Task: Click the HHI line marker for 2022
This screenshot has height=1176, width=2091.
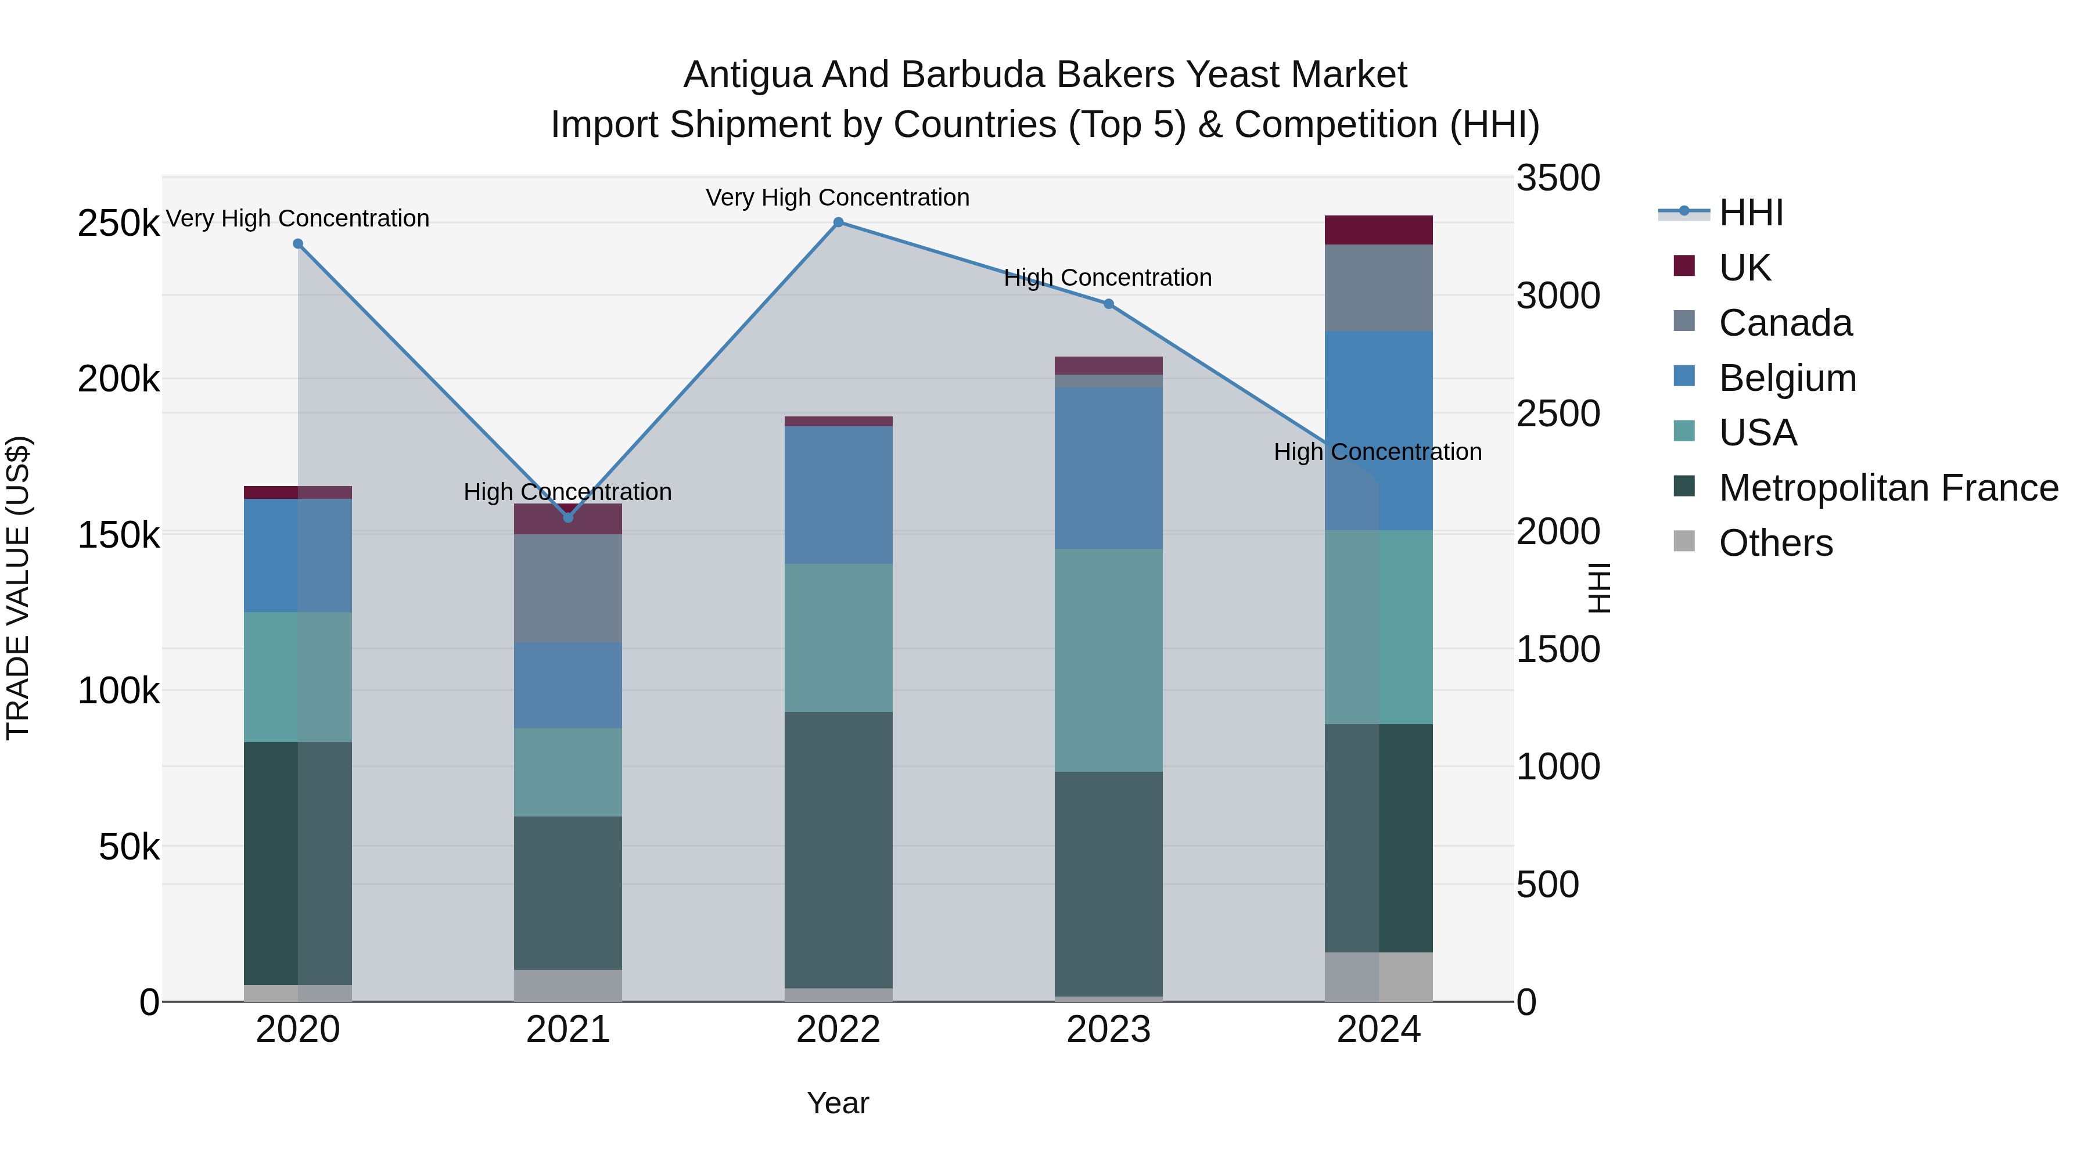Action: coord(839,222)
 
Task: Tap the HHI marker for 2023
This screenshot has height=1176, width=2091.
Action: coord(1109,304)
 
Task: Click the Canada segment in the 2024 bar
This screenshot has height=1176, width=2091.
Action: coord(1378,288)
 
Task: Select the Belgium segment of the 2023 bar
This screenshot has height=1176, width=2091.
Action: coord(1109,468)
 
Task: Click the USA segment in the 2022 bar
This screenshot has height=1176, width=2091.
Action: coord(839,638)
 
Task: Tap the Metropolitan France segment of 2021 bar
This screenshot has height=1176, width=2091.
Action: coord(568,893)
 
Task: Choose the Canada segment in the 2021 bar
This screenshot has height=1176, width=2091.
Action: coord(568,588)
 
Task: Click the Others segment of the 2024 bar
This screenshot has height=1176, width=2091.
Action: coord(1378,977)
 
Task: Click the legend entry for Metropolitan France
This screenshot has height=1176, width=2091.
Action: coord(1888,488)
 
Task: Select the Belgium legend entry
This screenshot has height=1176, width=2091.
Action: coord(1787,378)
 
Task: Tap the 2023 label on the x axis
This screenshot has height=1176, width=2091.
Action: coord(1109,1030)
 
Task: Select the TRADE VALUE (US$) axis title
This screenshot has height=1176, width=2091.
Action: coord(18,588)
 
